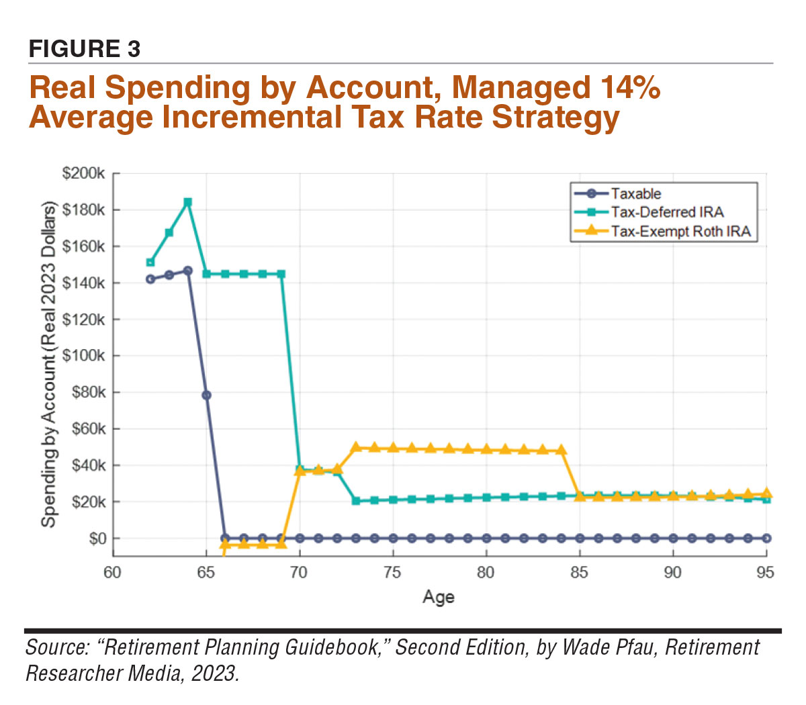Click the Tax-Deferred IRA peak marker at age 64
(188, 202)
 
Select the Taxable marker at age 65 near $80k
(207, 395)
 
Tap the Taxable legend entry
(635, 194)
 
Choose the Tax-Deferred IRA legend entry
(666, 213)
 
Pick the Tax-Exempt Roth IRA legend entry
(680, 232)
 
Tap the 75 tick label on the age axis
(392, 573)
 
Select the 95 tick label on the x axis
(766, 573)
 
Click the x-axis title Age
(439, 597)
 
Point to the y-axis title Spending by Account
(48, 366)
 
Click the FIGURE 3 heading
(85, 49)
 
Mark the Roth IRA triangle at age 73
(356, 447)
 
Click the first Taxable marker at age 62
(150, 279)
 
